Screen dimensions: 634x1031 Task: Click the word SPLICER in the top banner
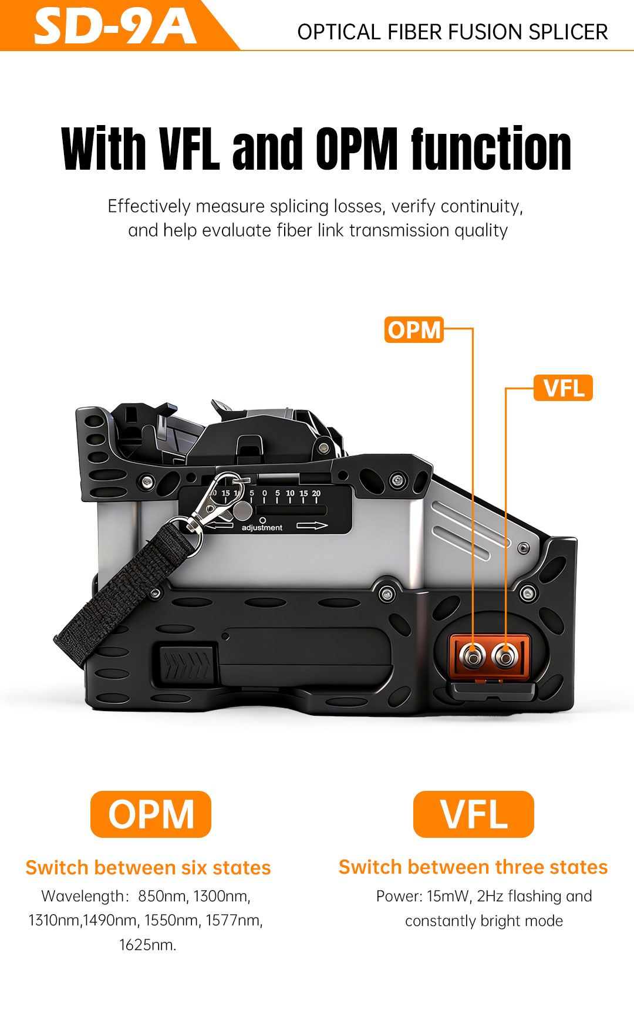click(x=568, y=32)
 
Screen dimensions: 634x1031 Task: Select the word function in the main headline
click(x=491, y=149)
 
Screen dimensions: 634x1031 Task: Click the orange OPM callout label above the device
click(x=414, y=330)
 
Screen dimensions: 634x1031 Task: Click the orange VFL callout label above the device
click(x=563, y=388)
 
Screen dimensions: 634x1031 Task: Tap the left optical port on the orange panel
click(x=473, y=655)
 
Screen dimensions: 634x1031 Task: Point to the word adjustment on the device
click(x=262, y=528)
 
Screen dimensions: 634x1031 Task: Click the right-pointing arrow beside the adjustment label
click(x=312, y=525)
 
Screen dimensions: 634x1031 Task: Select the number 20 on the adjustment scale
click(x=316, y=494)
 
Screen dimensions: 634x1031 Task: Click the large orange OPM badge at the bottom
click(x=151, y=814)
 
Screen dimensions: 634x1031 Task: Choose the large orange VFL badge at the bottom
click(x=474, y=814)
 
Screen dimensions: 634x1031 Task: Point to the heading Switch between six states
click(x=148, y=868)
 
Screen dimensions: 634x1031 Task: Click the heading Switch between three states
click(x=473, y=867)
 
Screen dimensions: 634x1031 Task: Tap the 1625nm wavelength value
click(x=147, y=945)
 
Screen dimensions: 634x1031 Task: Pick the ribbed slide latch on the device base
click(x=185, y=665)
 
